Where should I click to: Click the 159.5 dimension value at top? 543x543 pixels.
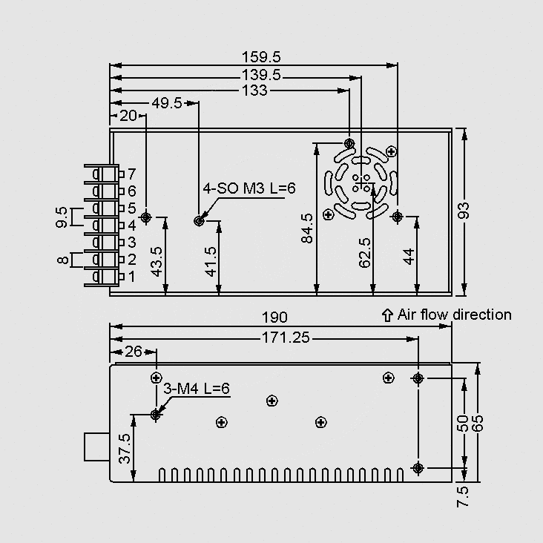(261, 57)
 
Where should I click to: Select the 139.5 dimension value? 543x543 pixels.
(261, 74)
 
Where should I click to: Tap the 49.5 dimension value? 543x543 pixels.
(167, 103)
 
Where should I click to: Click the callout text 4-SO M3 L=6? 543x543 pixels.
(249, 188)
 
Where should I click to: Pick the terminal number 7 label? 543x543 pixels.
(131, 174)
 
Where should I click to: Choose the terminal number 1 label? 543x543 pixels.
(131, 277)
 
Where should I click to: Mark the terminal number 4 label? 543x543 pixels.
(131, 226)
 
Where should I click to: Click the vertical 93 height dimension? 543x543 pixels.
(464, 211)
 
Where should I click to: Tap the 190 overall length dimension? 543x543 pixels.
(274, 317)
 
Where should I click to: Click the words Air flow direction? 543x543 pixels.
(455, 315)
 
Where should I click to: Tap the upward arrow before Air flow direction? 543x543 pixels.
(386, 315)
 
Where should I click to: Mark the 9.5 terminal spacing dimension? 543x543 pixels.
(62, 217)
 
